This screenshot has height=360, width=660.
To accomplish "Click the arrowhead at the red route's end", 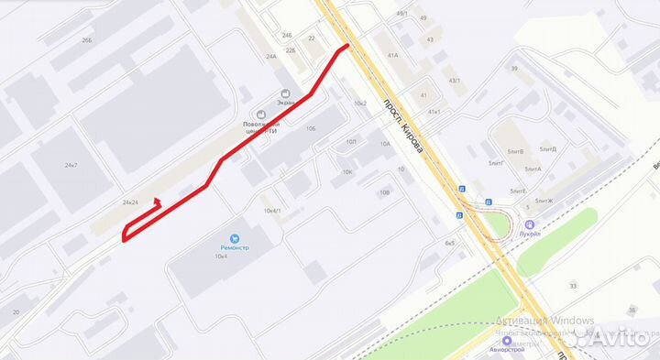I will pos(156,200).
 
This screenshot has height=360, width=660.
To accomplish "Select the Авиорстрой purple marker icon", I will pos(507,341).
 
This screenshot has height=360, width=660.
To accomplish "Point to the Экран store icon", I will pos(286,93).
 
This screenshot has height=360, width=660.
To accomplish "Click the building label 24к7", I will pos(71,166).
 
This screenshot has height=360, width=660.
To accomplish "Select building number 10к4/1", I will pos(272,211).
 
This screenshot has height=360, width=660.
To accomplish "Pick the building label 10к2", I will pos(359,103).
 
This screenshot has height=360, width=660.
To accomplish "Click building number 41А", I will pos(392,55).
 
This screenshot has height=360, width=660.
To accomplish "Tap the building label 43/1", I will pos(455,81).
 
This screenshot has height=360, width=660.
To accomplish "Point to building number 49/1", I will pos(402,14).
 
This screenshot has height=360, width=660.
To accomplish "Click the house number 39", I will pos(514,69).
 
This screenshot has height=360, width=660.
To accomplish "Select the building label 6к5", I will pos(450,243).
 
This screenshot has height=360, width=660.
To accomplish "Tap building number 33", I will pos(573,286).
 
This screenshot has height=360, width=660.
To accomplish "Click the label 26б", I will pos(87,40).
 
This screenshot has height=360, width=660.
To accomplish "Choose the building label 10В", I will pos(384,192).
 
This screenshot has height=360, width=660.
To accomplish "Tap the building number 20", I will pos(16,311).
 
